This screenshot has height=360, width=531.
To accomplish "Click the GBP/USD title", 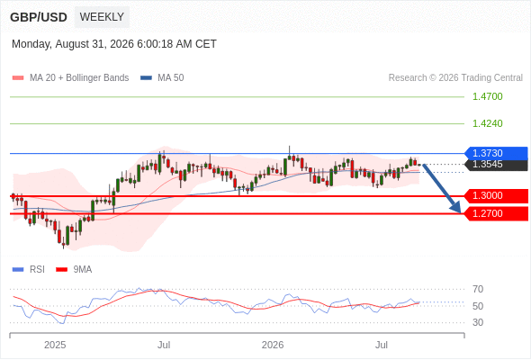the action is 39,17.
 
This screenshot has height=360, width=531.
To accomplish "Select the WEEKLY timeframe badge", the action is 102,17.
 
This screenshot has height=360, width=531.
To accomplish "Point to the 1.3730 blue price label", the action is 496,153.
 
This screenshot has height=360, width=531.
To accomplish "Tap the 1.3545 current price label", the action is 496,165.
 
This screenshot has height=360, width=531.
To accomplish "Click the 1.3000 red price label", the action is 496,195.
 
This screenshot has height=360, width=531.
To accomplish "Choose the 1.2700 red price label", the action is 496,213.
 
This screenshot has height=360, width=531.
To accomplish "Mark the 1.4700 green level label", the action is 487,96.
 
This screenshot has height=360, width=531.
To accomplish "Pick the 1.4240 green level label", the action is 487,123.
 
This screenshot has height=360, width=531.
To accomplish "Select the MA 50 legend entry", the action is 162,78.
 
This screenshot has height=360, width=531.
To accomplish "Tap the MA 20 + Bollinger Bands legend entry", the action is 70,78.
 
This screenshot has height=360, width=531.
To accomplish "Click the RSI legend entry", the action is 29,270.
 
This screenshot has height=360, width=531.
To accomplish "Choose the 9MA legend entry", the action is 74,270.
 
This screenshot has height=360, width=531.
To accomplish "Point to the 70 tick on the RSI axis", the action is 478,289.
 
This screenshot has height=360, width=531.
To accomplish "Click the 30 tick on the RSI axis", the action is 478,322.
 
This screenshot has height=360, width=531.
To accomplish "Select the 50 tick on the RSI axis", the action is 478,306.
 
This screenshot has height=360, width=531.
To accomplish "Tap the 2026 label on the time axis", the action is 273,345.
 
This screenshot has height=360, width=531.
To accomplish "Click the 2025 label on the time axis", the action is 55,345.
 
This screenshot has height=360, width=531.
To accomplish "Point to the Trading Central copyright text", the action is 455,78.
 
